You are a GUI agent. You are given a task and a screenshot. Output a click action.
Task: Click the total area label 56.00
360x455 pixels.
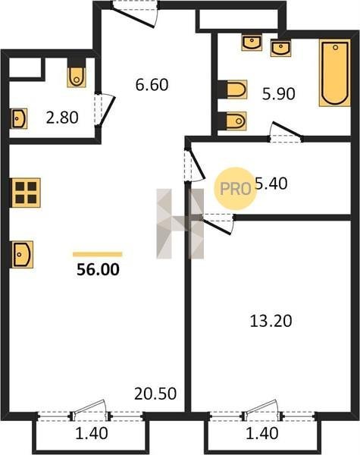98,269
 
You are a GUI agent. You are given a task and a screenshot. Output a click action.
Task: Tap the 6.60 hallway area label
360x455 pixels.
152,85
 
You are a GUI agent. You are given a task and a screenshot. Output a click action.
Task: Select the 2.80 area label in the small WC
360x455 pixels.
62,118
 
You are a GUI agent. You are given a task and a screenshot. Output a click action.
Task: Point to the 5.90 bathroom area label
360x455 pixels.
278,94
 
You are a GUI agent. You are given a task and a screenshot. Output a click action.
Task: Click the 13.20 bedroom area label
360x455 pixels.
271,322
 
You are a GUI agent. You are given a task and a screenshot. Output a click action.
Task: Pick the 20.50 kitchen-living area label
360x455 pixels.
155,394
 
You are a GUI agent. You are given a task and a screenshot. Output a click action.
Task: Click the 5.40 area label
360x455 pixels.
271,184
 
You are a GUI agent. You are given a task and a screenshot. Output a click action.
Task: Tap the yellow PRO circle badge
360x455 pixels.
235,189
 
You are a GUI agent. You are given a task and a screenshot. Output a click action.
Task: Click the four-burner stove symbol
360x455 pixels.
26,193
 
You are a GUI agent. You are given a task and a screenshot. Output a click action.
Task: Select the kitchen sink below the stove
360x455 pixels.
22,255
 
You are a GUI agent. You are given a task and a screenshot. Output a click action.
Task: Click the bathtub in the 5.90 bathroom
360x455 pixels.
335,73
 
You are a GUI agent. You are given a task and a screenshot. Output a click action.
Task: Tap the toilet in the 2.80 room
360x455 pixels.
77,77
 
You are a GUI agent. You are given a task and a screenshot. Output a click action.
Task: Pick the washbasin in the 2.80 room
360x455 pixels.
19,118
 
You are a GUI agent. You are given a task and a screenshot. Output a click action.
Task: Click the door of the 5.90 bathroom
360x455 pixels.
286,133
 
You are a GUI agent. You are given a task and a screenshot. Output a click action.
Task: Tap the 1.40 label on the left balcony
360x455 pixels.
92,434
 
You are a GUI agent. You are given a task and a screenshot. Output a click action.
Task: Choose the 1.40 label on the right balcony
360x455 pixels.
262,434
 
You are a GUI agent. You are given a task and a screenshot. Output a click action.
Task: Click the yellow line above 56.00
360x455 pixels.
98,255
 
